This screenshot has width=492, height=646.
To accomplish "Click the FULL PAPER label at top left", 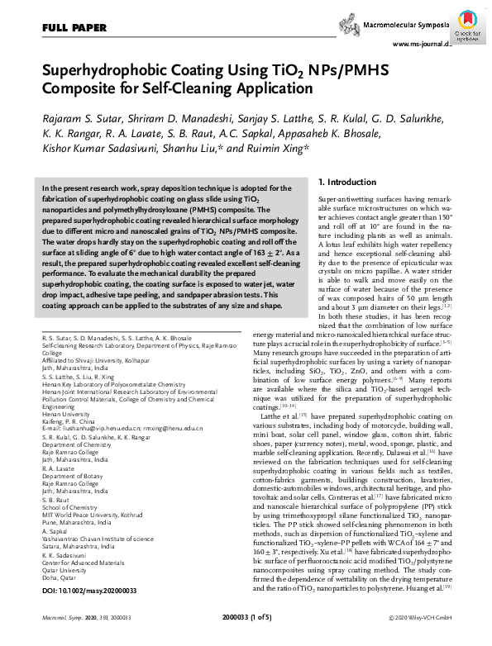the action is [72, 28].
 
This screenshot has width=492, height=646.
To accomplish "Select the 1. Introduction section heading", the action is [351, 181].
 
